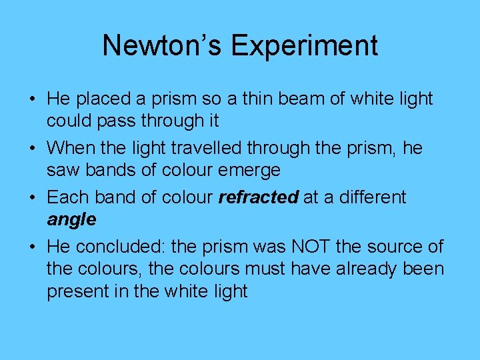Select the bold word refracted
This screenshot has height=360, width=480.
pos(259,197)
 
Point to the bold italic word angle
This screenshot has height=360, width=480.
pos(71,219)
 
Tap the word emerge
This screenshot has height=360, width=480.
pos(247,171)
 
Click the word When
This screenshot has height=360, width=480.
pos(71,148)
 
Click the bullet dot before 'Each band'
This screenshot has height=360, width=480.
pos(33,198)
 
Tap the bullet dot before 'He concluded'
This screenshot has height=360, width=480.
pos(33,247)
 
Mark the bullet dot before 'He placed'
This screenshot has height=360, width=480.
pos(33,99)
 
